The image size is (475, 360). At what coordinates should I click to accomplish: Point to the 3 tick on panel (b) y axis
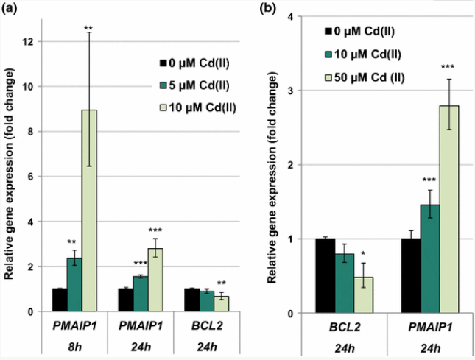pos(294,91)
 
